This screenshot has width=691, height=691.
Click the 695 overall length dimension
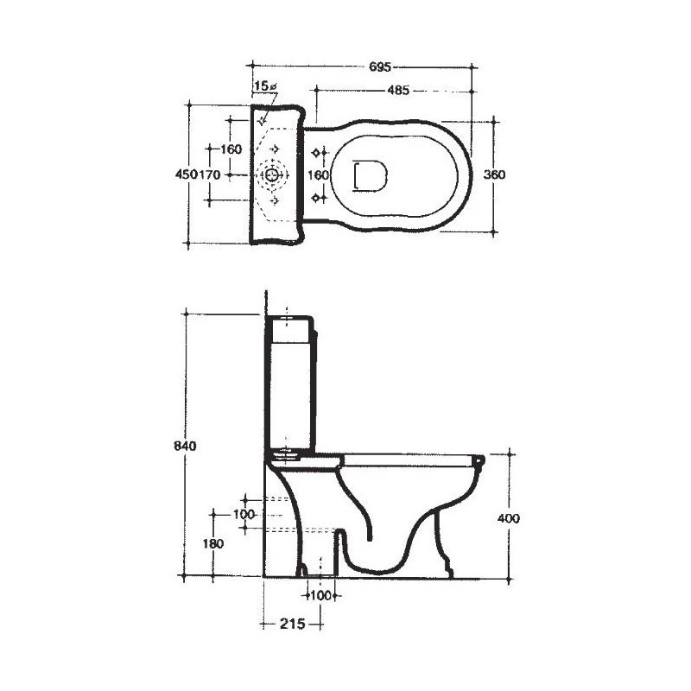(x=380, y=67)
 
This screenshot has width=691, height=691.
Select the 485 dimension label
(x=398, y=91)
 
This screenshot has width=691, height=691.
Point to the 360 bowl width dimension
(x=494, y=174)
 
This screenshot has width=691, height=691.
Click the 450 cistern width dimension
(x=187, y=174)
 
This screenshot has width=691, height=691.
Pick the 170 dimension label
(x=209, y=174)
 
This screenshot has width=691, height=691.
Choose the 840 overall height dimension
(x=185, y=446)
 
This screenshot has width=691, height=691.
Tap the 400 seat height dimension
(x=509, y=519)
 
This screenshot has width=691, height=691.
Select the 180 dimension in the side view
(x=212, y=544)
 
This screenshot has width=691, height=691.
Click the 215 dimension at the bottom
(x=293, y=624)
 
